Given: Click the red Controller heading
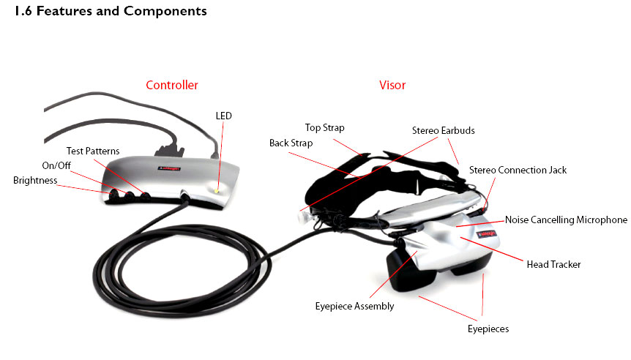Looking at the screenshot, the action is pos(172,85).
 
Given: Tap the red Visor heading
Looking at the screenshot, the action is pos(392,85).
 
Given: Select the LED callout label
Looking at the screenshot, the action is pos(224,116).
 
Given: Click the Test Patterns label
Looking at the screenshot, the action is pos(93,151).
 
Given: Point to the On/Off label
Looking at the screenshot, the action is pos(56,165).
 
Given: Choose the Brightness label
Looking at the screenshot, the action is pos(35,180).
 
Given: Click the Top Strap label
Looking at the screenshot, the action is pos(325,128).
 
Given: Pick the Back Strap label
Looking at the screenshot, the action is pos(291,143).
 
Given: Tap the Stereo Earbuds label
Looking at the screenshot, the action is pos(444,130).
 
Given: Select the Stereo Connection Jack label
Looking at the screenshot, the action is pos(518,170).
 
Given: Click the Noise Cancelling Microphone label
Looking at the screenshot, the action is pos(566,220).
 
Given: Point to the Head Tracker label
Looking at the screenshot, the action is pos(553,264).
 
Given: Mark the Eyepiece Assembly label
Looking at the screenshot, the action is pos(354,306).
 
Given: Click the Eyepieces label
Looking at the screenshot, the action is pos(488,329).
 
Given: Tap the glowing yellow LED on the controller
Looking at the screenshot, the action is pos(217,191).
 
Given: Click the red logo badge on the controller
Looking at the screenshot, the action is pos(168,169).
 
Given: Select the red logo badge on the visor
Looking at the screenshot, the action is pos(487,233).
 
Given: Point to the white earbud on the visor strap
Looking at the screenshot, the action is pos(302,217).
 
